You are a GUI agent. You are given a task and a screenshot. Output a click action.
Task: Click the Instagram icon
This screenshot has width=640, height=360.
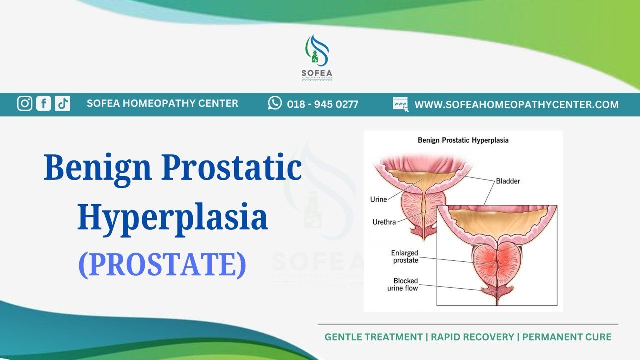point(25,103)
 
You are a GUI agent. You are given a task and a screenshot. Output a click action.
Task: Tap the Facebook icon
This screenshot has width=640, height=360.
point(44,103)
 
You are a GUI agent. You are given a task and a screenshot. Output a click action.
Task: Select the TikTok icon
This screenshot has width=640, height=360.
point(62,103)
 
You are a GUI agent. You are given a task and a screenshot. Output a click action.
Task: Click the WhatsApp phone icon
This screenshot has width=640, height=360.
point(275,103)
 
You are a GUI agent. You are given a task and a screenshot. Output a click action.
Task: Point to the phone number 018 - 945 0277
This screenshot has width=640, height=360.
point(322,104)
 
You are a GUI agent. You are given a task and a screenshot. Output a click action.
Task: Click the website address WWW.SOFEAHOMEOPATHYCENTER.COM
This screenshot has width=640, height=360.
point(516,105)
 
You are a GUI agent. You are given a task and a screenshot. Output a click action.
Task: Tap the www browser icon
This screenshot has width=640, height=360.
point(400,104)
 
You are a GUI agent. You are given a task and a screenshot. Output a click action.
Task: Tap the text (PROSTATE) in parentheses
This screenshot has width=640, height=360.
point(162,265)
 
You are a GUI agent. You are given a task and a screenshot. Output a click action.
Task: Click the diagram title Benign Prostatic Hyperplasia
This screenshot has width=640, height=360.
point(463,140)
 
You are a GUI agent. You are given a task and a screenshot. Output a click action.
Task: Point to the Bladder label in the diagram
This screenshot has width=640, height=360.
point(508,181)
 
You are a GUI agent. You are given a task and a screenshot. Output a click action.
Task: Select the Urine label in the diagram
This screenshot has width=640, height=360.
point(378,199)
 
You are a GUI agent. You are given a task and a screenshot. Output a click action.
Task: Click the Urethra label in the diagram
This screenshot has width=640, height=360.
point(384,222)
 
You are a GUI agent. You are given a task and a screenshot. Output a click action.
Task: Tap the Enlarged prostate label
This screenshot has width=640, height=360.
point(404,257)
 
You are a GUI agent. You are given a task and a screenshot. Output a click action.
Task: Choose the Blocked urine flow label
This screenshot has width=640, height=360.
point(403,284)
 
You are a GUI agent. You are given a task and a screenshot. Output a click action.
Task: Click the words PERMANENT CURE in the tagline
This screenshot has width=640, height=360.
point(567,337)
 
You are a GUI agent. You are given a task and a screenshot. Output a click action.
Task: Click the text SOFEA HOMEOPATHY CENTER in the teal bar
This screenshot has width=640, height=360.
point(162,103)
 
